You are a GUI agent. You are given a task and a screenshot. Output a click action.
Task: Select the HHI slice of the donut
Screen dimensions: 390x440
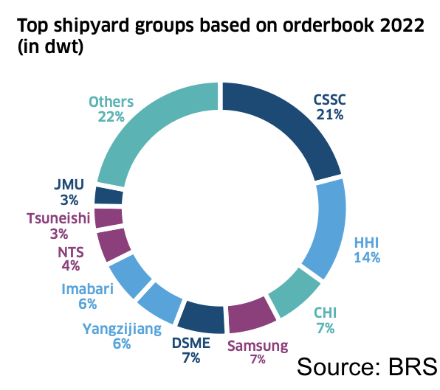[x=329, y=229]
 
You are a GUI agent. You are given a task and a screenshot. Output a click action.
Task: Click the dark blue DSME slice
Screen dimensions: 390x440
[x=202, y=317]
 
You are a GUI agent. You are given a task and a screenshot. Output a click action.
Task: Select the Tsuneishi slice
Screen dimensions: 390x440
[x=109, y=218]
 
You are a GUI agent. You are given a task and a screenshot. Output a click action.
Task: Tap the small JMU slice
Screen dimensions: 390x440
[x=109, y=195]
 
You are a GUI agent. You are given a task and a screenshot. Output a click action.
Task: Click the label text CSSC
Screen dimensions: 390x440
[x=329, y=100]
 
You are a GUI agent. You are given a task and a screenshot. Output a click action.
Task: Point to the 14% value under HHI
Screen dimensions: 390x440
[x=367, y=257]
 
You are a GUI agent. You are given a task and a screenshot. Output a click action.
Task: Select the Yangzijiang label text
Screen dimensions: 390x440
[x=122, y=329]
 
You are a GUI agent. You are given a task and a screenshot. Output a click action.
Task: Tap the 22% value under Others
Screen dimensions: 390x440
[x=110, y=116]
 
